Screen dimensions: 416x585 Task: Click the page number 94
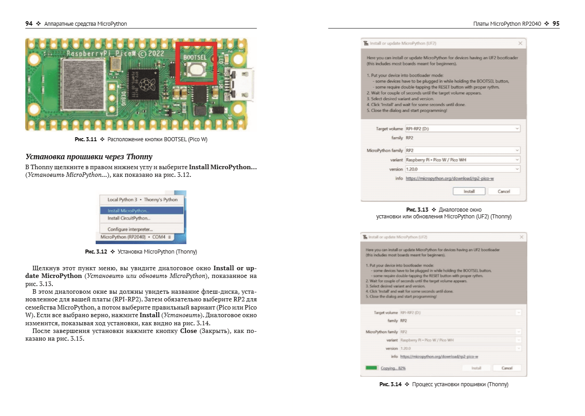28,24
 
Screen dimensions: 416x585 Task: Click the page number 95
556,24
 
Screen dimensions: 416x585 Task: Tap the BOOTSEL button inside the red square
196,69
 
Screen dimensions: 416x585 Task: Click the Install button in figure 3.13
469,191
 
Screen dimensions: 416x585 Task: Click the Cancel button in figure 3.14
506,368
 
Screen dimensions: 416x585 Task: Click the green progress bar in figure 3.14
371,368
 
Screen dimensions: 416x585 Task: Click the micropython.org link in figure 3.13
450,179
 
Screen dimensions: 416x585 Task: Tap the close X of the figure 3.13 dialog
520,43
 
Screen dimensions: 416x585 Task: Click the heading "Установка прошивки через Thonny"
89,157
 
